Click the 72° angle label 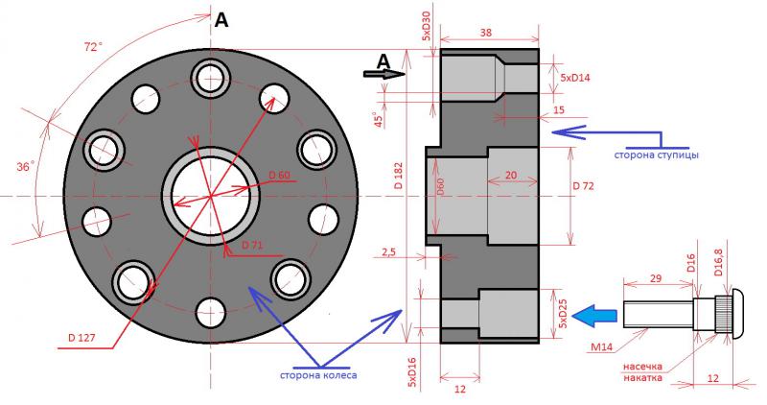pyautogui.click(x=92, y=47)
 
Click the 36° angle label pyautogui.click(x=26, y=166)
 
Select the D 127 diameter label pyautogui.click(x=86, y=337)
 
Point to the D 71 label pyautogui.click(x=251, y=246)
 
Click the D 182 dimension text pyautogui.click(x=400, y=179)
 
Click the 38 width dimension pyautogui.click(x=486, y=33)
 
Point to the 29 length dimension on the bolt pyautogui.click(x=655, y=276)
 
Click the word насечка pyautogui.click(x=644, y=366)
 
